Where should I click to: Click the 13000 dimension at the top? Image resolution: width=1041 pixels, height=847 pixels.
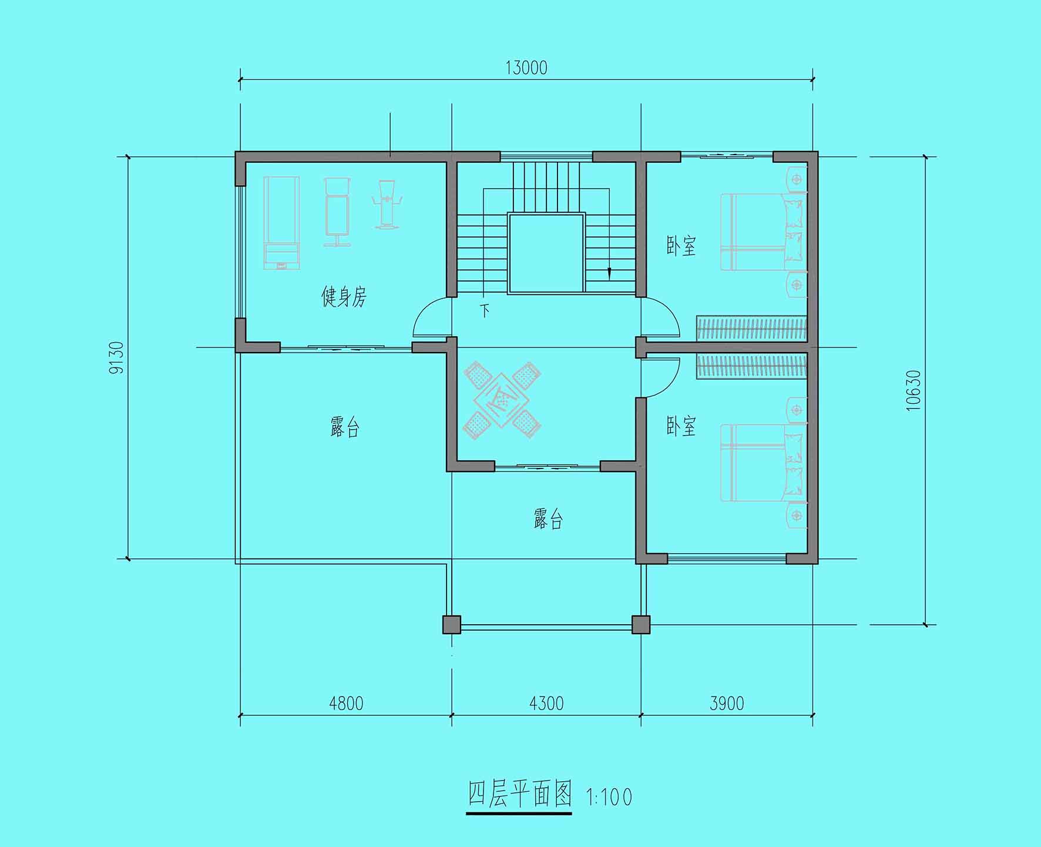526,68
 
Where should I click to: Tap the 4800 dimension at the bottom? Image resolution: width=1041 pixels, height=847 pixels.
346,703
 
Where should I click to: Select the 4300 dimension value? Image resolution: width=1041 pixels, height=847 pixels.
546,703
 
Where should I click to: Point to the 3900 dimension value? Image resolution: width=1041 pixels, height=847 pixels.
727,703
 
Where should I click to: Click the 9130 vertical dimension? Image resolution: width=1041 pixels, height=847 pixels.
117,357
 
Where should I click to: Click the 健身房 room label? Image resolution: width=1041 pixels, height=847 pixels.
344,297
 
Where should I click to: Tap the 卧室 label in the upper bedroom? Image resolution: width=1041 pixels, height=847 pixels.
681,246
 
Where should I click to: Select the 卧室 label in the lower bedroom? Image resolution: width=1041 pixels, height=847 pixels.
681,426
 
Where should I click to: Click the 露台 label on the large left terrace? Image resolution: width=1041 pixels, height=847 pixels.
345,427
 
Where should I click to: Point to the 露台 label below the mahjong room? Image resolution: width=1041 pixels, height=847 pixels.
548,518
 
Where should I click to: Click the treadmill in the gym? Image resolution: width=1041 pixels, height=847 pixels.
281,223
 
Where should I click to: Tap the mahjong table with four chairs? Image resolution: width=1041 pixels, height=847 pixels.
502,400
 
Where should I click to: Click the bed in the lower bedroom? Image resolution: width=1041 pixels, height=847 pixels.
763,463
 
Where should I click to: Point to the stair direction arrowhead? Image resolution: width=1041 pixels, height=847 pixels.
609,273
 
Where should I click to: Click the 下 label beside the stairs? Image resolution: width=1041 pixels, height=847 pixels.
485,310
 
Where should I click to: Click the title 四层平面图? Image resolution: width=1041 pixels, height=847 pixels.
519,795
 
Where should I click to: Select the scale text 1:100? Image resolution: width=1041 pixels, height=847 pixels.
609,798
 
